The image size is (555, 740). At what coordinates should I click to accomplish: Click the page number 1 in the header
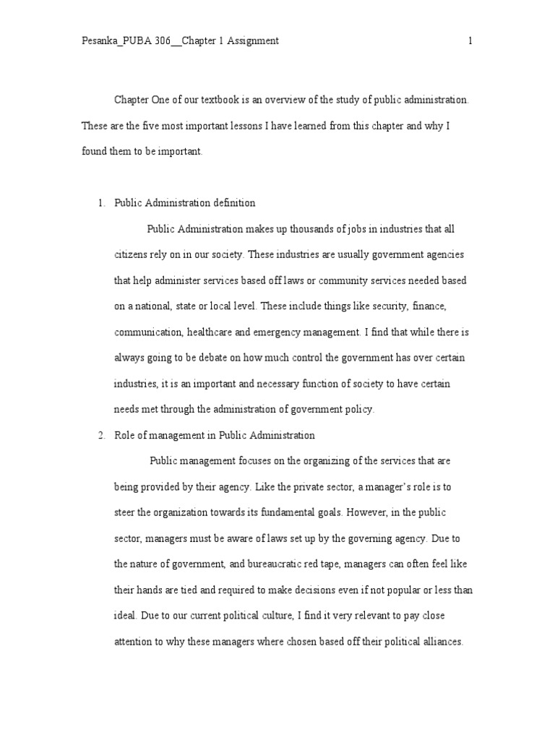[470, 41]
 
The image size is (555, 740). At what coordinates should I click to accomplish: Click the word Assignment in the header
[254, 41]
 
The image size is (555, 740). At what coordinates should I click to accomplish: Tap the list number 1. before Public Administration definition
[102, 203]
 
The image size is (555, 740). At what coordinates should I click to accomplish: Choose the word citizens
[133, 255]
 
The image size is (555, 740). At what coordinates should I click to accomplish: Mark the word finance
[431, 306]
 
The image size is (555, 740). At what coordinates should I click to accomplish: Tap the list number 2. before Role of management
[102, 435]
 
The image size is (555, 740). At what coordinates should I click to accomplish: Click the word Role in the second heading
[125, 435]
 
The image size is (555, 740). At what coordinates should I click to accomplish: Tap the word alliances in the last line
[441, 642]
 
